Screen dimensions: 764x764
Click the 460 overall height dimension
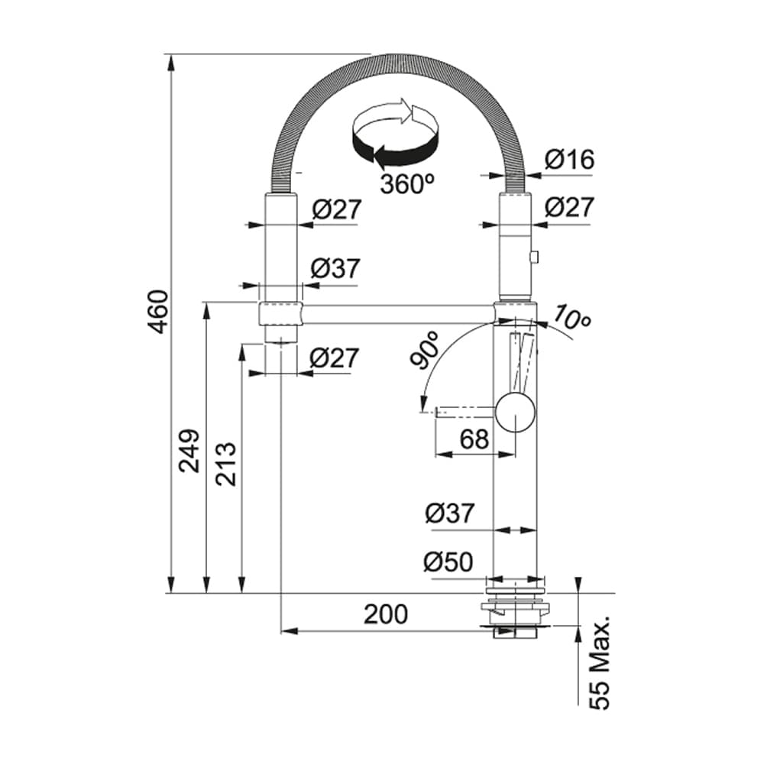pos(157,312)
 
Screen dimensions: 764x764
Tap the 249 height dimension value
pos(190,451)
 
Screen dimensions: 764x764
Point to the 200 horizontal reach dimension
pos(385,613)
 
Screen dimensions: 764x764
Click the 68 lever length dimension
pos(474,439)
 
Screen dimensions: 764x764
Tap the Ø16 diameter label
pos(569,160)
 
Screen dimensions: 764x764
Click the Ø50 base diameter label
pos(448,562)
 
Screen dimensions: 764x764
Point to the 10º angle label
pos(572,317)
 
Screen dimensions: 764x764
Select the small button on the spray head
pos(533,257)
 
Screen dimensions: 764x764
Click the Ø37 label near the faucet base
pos(450,513)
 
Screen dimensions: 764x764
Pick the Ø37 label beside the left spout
pos(335,268)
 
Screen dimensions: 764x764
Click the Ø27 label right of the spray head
pos(569,207)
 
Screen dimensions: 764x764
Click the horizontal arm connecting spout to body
pos(397,313)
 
